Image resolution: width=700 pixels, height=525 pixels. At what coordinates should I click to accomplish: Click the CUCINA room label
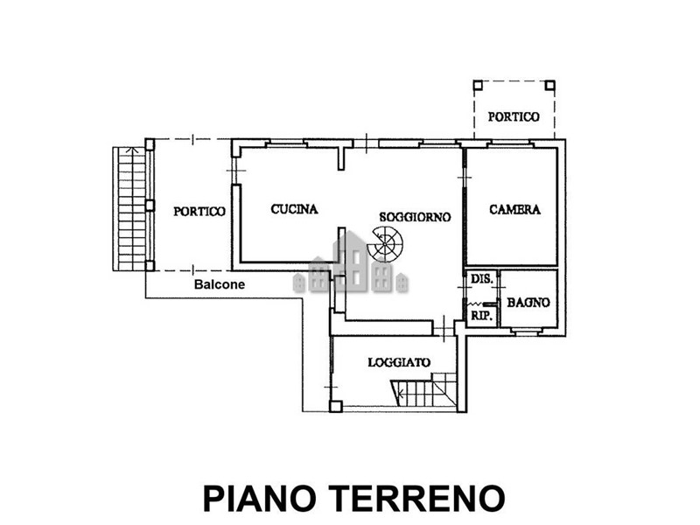coord(294,210)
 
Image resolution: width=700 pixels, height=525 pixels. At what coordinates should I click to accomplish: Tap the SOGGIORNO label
coord(415,216)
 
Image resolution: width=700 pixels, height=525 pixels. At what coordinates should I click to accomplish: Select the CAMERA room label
coord(514,210)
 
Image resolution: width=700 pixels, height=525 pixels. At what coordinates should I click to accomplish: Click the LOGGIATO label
coord(398,361)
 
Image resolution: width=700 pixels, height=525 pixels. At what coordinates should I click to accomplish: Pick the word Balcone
coord(220,284)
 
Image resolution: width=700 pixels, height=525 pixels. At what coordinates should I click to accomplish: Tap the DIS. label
coord(480,279)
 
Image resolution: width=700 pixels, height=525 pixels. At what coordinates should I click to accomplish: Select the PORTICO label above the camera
coord(514,116)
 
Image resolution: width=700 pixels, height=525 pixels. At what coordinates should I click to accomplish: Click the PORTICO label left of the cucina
coord(199,211)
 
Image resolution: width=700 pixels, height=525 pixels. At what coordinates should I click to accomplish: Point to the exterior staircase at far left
coord(129,208)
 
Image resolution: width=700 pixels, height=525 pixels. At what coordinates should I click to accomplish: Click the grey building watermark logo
coord(351,263)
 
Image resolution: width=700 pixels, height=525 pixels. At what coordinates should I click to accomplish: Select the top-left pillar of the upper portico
coord(477,86)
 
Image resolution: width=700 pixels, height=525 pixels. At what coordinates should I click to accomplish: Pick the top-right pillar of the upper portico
coord(549,86)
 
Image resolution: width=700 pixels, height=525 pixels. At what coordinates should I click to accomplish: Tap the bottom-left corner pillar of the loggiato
coord(335,405)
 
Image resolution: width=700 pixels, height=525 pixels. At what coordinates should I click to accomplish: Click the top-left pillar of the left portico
coord(150,143)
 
